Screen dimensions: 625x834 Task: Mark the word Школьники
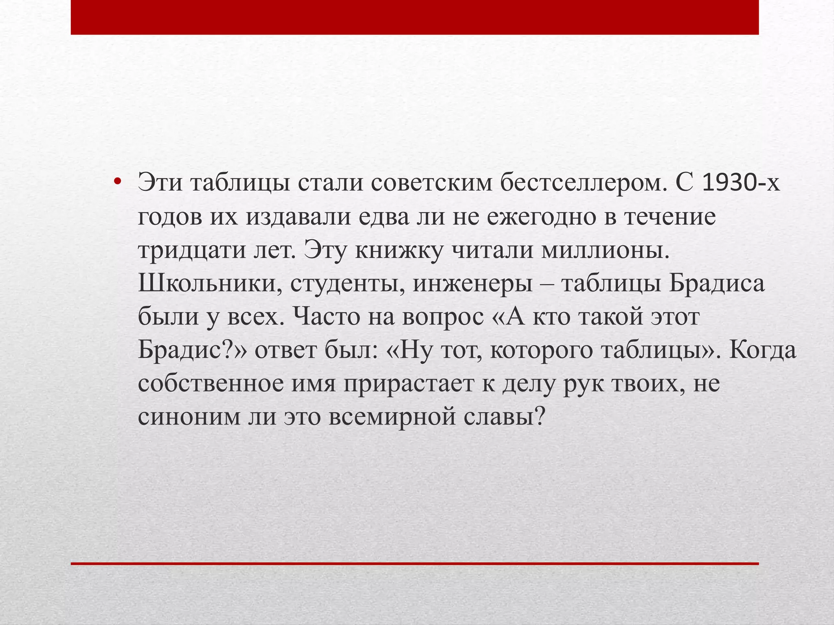[x=211, y=284]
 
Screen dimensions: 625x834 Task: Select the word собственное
[x=211, y=384]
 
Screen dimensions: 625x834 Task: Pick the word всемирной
[x=392, y=417]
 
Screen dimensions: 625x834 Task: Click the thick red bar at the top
[x=415, y=17]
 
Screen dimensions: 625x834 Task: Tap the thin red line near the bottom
[x=415, y=564]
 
